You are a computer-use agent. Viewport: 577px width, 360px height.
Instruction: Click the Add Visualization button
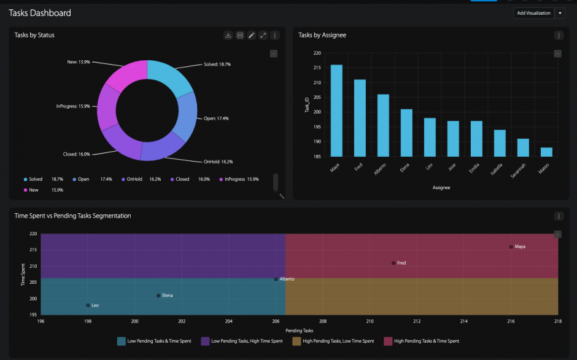click(533, 13)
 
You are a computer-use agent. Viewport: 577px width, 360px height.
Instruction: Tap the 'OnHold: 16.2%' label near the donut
click(218, 162)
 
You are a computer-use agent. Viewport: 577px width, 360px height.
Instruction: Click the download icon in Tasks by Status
click(228, 36)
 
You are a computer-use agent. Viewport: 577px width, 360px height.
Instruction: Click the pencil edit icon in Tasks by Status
click(252, 36)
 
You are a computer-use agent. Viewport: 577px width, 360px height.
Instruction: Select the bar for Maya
click(336, 111)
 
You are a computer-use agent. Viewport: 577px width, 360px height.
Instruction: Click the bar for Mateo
click(546, 152)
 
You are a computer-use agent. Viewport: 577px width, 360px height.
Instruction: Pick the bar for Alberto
click(383, 125)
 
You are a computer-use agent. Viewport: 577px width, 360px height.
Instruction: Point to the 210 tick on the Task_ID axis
click(317, 82)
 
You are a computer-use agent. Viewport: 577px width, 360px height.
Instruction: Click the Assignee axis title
click(441, 187)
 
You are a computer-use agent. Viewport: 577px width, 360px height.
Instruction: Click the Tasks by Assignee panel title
click(322, 35)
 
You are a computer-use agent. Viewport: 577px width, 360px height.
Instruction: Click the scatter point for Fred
click(393, 263)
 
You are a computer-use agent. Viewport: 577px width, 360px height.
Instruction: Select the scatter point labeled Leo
click(88, 305)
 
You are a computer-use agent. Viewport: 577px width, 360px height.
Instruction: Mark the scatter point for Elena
click(158, 295)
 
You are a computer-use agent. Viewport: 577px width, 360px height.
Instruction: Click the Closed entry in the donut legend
click(182, 179)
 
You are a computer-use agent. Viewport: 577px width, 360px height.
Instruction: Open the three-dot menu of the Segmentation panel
click(559, 216)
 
